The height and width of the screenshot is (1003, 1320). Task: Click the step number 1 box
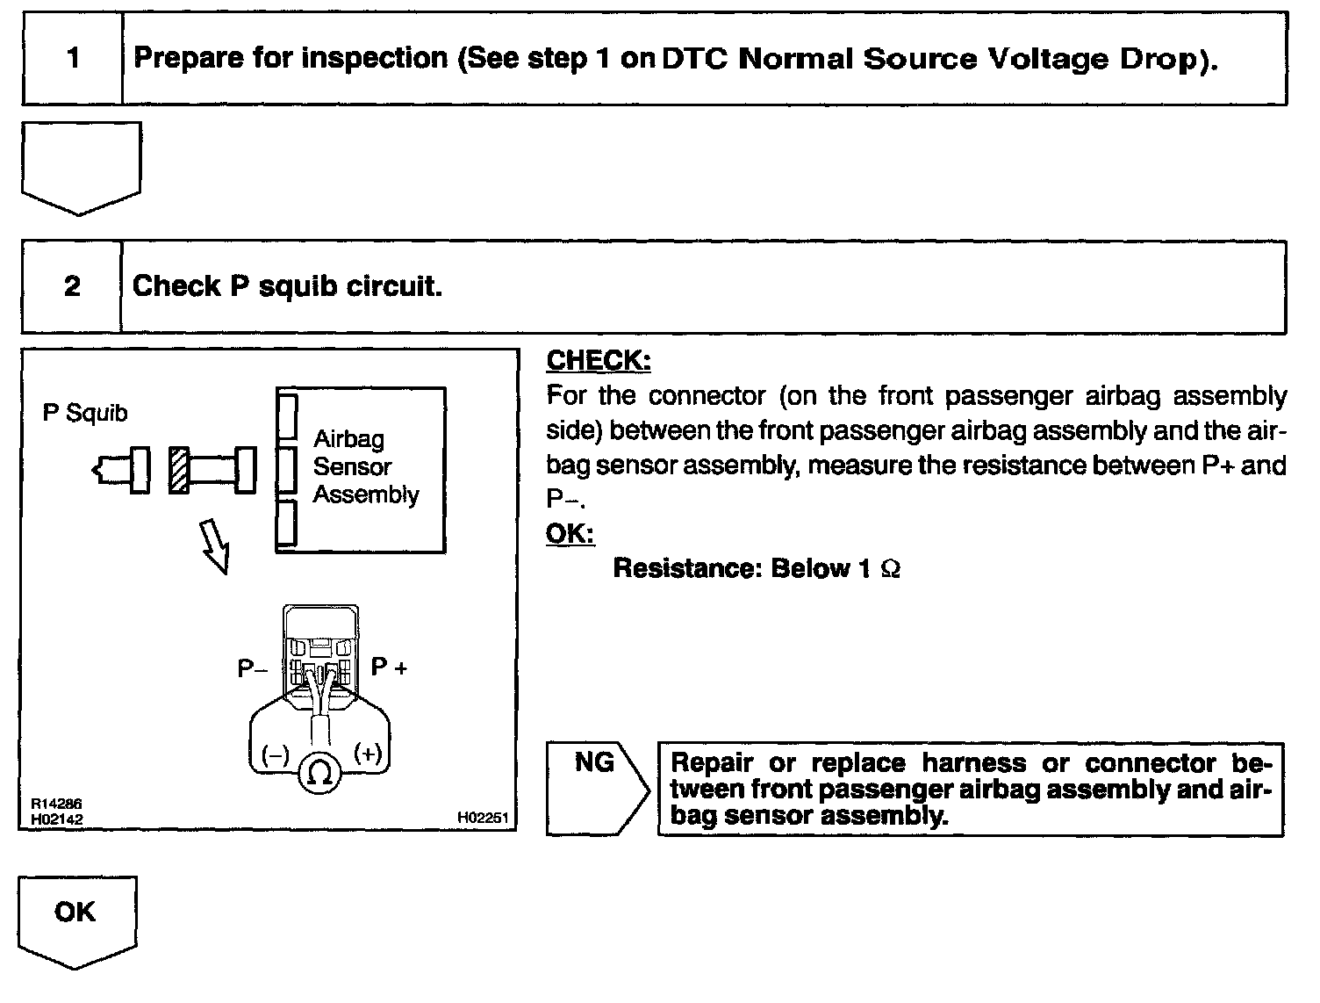[x=73, y=60]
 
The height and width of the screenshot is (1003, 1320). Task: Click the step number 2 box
[x=72, y=286]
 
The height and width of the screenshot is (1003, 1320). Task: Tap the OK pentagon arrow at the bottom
[x=77, y=919]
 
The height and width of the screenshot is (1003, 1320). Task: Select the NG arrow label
[x=594, y=763]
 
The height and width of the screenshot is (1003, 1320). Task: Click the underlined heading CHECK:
[x=599, y=360]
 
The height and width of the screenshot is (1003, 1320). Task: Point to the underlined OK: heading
[x=570, y=533]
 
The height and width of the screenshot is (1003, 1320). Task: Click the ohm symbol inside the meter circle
[x=320, y=774]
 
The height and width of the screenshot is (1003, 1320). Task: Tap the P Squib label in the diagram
[x=85, y=413]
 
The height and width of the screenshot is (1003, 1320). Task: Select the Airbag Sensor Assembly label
[x=365, y=467]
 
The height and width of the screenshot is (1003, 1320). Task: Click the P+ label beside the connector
[x=389, y=667]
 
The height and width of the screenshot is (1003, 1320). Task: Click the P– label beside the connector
[x=253, y=669]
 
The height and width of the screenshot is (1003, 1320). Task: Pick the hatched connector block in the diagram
[x=179, y=470]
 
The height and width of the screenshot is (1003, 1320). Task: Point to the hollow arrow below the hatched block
[x=214, y=545]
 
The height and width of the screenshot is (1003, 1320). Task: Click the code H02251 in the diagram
[x=482, y=817]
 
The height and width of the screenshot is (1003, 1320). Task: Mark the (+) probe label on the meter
[x=367, y=754]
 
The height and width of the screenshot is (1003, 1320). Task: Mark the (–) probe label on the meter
[x=275, y=754]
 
